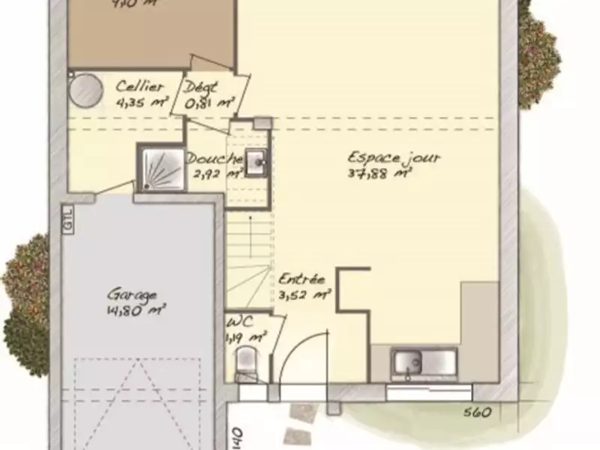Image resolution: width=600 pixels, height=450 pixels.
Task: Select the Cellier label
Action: click(139, 88)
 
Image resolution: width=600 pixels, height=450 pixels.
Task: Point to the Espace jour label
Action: click(394, 158)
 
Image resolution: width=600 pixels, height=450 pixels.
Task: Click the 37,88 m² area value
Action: click(381, 173)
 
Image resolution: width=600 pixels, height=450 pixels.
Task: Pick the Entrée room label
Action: click(301, 280)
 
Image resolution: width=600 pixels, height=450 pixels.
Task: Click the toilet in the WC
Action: click(246, 367)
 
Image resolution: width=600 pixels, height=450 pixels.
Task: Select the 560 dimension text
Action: click(477, 412)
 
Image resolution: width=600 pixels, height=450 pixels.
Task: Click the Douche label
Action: click(214, 159)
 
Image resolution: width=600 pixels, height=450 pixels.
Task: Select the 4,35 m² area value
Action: click(141, 103)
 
